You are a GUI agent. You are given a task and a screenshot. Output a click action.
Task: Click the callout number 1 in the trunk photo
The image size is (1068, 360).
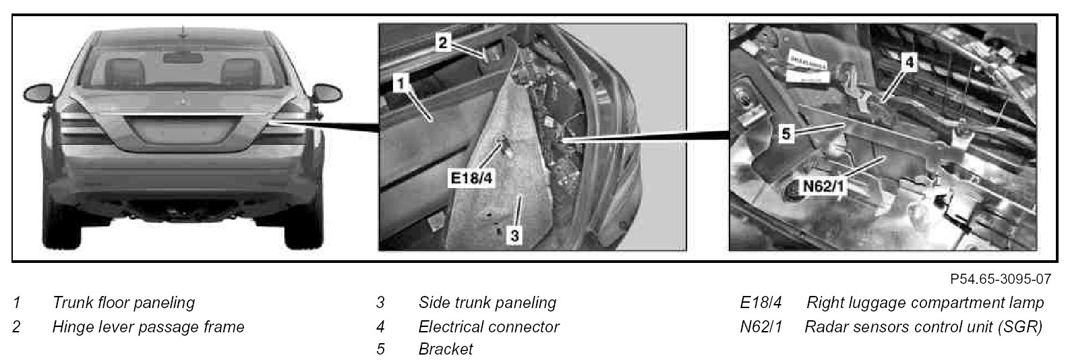pyautogui.click(x=400, y=84)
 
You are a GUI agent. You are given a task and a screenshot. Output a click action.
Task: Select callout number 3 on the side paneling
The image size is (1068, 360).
pyautogui.click(x=514, y=236)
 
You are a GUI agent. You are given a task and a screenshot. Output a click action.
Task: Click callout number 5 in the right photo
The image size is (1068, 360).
pyautogui.click(x=785, y=133)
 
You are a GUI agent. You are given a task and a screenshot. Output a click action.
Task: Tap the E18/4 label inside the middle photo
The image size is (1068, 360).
pyautogui.click(x=471, y=179)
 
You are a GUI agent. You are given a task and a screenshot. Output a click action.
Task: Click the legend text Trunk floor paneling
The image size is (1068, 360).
pyautogui.click(x=123, y=303)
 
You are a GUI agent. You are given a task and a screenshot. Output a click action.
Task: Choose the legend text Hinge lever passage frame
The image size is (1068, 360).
pyautogui.click(x=148, y=327)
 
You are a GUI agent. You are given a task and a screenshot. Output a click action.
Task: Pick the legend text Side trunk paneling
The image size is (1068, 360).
pyautogui.click(x=487, y=303)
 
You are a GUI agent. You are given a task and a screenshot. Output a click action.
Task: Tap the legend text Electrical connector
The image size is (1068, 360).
pyautogui.click(x=488, y=327)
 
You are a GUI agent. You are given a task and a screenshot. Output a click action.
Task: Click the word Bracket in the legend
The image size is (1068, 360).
pyautogui.click(x=446, y=349)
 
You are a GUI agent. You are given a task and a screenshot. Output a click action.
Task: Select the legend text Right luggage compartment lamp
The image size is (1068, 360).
pyautogui.click(x=925, y=303)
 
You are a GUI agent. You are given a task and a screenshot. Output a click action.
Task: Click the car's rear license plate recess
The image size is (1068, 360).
pyautogui.click(x=183, y=136)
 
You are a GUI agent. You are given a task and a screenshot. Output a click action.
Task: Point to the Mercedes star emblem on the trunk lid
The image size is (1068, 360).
pyautogui.click(x=183, y=102)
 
